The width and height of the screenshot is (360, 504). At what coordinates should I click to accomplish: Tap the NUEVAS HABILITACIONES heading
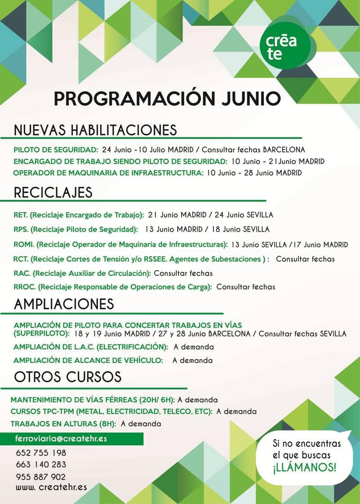point(95,130)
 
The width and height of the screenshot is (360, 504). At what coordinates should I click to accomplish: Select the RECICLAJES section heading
point(53,192)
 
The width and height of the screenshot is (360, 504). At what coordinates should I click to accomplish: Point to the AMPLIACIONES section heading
point(64,304)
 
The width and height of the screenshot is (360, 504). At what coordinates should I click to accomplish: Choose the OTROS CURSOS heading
point(68,376)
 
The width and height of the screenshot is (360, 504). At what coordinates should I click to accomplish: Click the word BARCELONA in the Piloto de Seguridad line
point(284,150)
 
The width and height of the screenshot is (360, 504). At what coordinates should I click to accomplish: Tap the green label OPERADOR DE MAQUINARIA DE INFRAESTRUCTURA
point(108,173)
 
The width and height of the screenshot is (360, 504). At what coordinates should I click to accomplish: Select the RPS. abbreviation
point(21,230)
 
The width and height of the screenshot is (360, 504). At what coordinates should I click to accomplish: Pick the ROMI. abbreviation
point(24,245)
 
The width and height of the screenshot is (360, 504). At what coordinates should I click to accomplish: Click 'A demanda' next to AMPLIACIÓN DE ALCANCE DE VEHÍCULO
point(192,360)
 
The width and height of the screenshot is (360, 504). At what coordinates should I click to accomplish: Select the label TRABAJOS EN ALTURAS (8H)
point(63,424)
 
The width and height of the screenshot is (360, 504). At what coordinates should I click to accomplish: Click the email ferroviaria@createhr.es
point(61,439)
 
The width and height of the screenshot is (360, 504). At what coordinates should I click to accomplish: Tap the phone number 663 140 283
point(41,464)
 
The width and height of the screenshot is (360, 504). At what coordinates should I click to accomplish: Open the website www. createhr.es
point(51,487)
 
